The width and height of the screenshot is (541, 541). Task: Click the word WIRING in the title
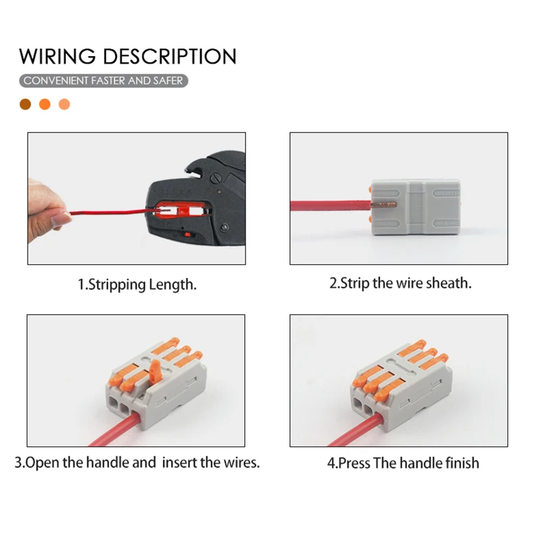coord(59,55)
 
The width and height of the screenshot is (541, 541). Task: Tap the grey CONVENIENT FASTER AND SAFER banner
coord(102,80)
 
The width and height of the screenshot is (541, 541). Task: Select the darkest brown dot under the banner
coord(26,104)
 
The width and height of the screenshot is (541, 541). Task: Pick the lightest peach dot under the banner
coord(64,104)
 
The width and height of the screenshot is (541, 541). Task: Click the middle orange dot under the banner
coord(45,104)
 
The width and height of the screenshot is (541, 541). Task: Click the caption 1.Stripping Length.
coord(137,284)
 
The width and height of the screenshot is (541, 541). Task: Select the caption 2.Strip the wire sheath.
coord(400,283)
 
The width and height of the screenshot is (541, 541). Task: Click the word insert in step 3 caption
coord(180,463)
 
